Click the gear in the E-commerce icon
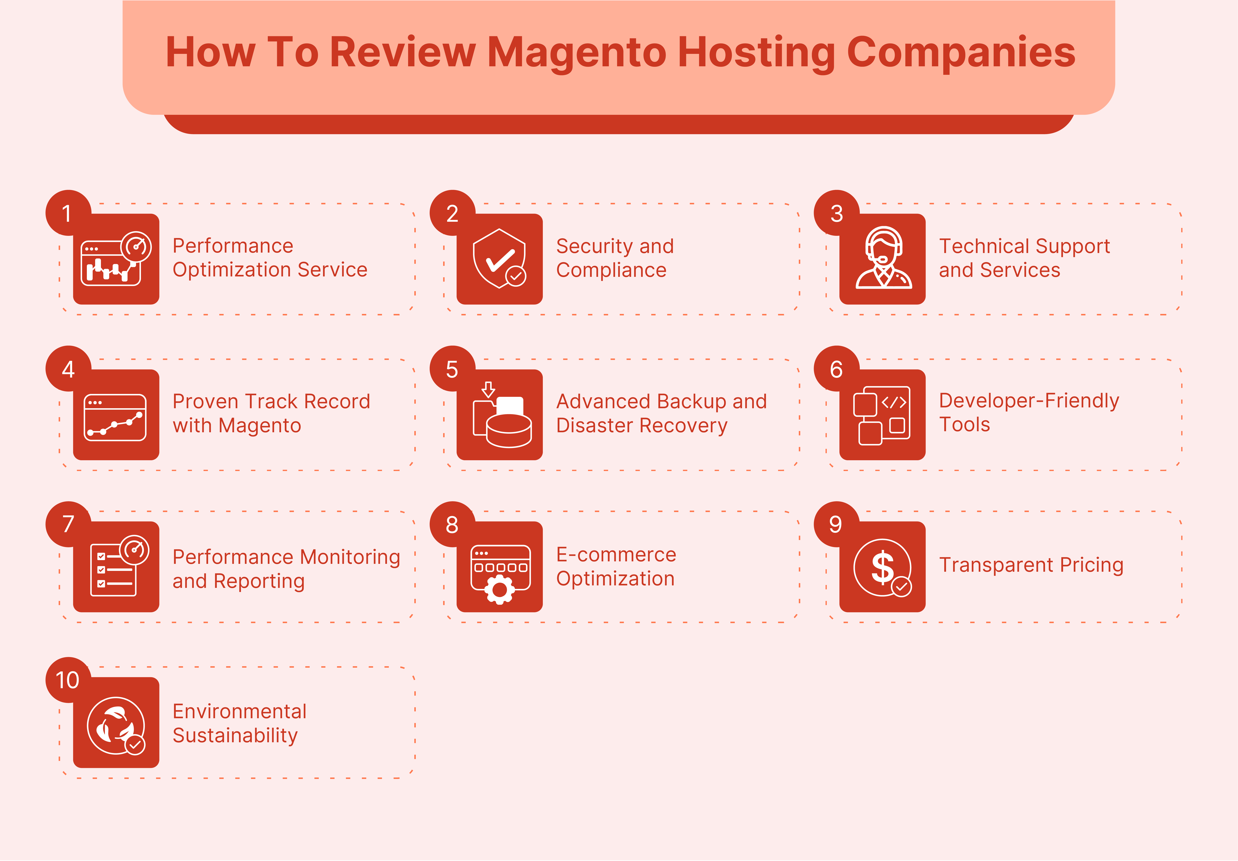pyautogui.click(x=499, y=590)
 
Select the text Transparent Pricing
pyautogui.click(x=1031, y=565)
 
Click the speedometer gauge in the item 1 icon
pyautogui.click(x=136, y=247)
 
